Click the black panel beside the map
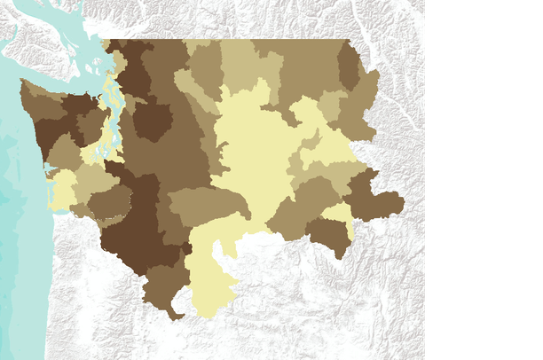click(x=484, y=177)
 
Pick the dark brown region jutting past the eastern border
click(x=373, y=197)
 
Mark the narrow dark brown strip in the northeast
click(x=349, y=67)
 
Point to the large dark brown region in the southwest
click(x=133, y=222)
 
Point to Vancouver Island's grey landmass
click(x=35, y=35)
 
